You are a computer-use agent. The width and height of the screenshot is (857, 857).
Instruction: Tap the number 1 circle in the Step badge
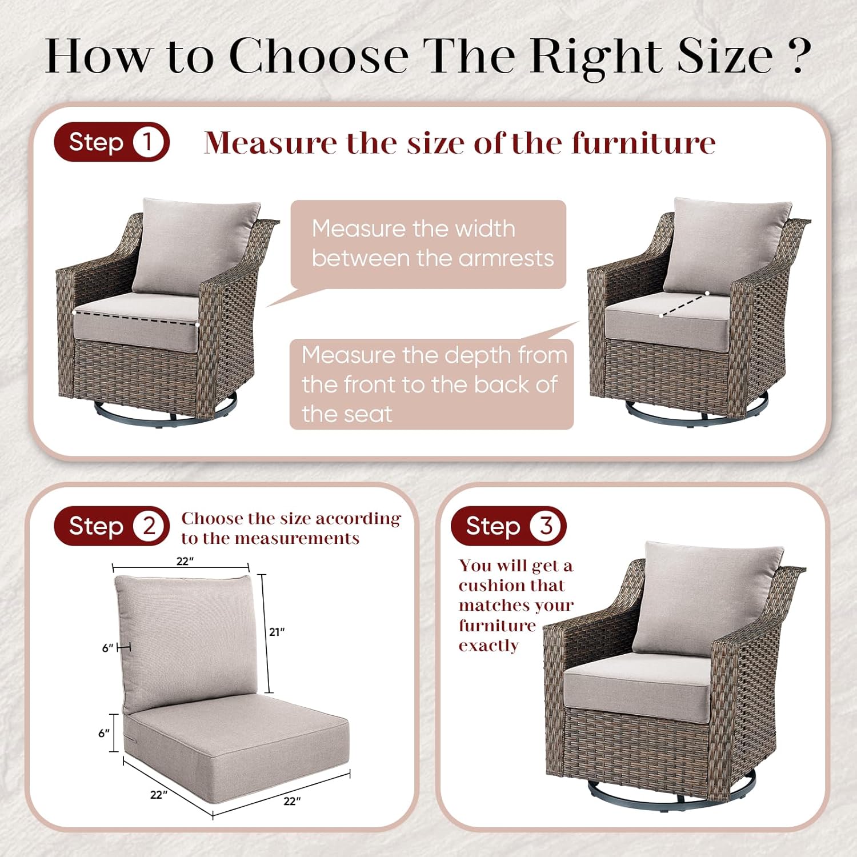pos(147,142)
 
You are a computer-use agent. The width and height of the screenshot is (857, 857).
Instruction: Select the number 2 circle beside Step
pos(149,526)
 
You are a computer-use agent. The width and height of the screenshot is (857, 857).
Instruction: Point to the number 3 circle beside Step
pos(546,526)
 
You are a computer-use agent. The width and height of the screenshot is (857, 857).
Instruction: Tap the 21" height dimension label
pos(277,632)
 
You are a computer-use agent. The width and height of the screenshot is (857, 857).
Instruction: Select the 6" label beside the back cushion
pos(108,648)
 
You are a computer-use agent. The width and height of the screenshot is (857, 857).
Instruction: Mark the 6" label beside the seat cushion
pos(104,733)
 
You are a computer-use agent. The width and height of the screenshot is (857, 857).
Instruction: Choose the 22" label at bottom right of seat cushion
pos(292,801)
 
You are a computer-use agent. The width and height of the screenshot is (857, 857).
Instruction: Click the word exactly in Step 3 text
pos(488,646)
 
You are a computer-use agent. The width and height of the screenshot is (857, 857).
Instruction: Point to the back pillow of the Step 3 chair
pos(708,597)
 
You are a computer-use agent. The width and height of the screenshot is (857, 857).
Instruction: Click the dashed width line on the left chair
pos(136,319)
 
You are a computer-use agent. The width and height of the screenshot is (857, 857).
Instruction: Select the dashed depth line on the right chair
pos(684,304)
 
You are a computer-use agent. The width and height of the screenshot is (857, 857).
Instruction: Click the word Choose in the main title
pos(319,55)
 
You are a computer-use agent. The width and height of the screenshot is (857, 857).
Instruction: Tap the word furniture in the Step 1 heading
pos(644,143)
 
